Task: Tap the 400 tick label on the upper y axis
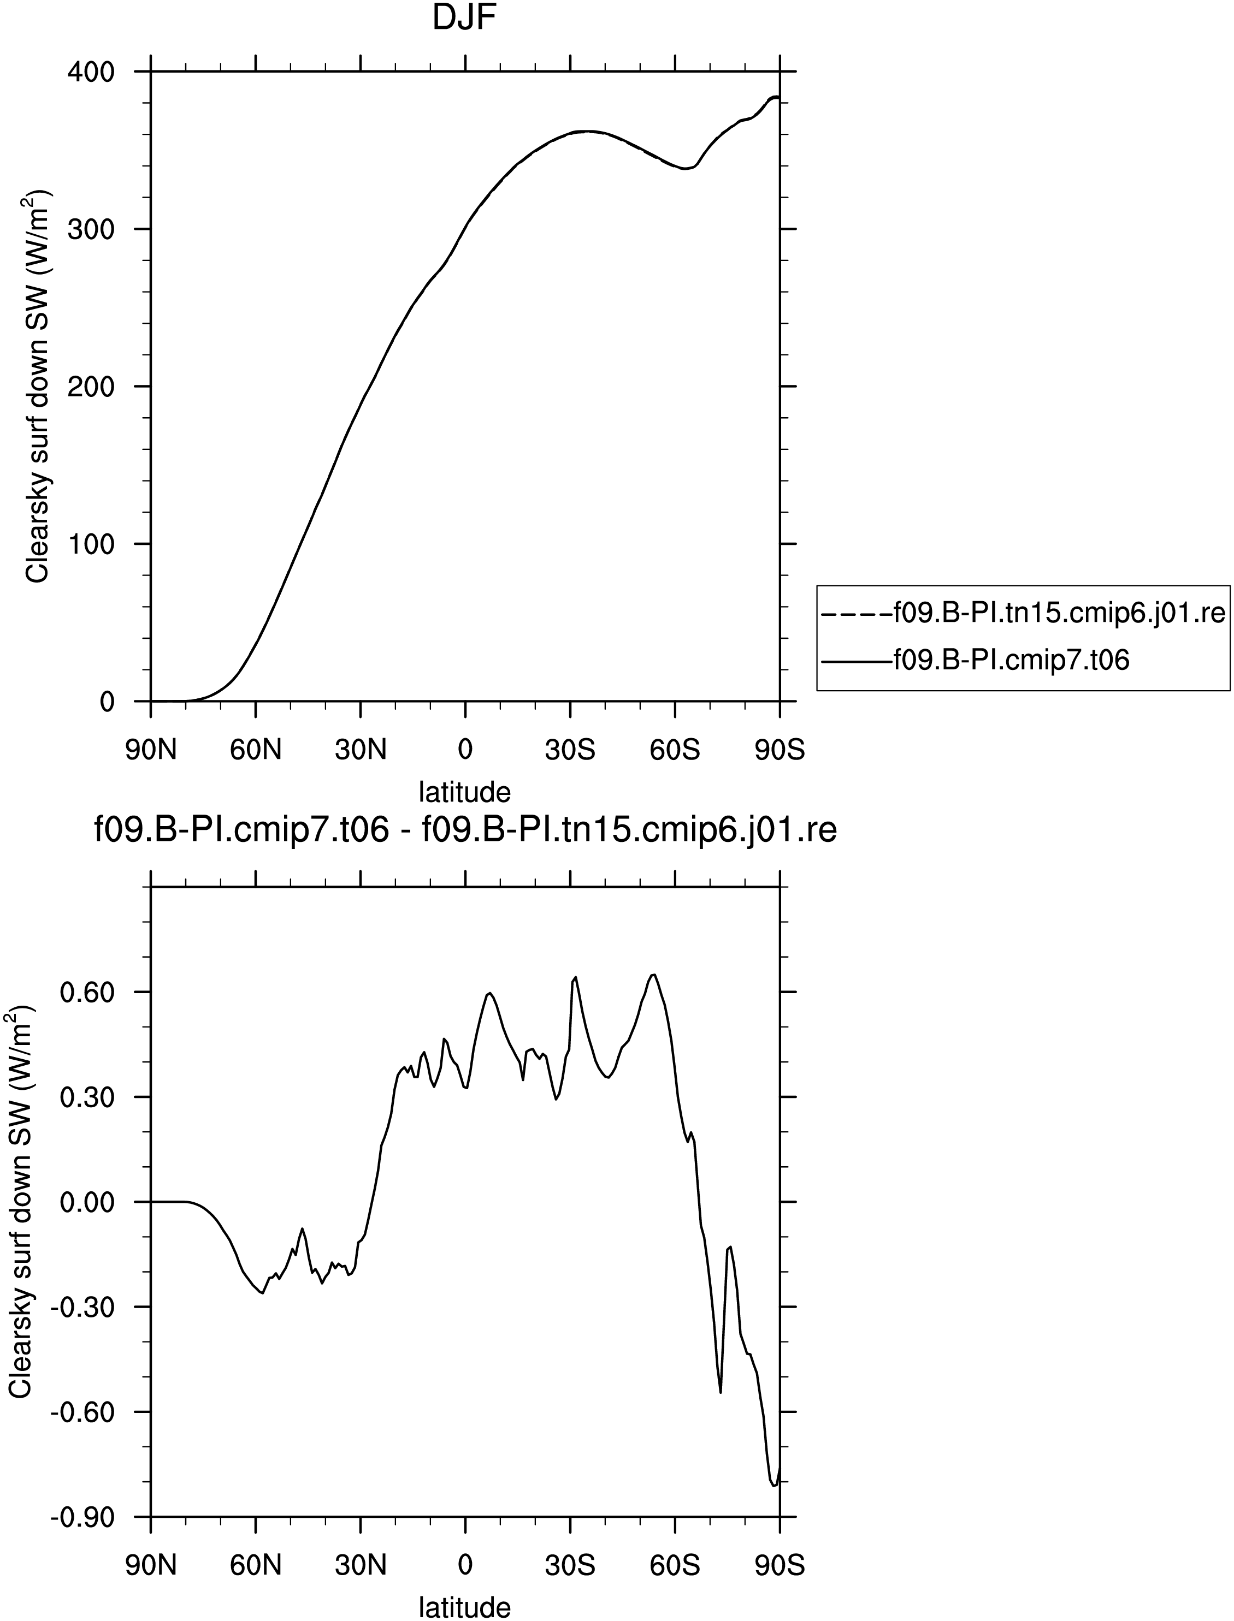91,72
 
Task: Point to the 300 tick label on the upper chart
91,229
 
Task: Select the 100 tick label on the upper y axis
91,544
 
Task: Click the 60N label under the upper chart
256,750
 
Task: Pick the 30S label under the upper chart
570,750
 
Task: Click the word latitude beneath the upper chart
464,792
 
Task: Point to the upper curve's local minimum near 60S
686,169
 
